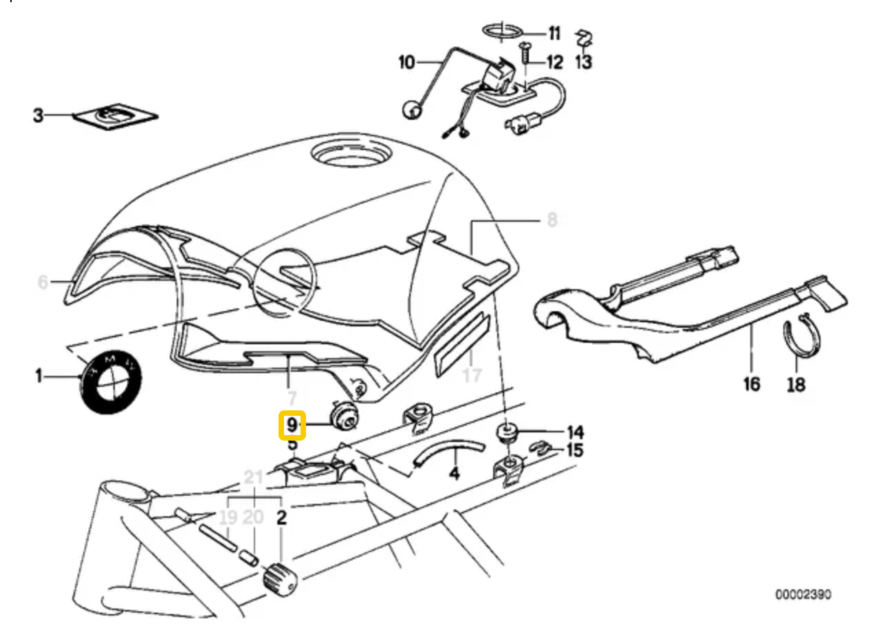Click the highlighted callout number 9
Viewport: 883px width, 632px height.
click(x=292, y=425)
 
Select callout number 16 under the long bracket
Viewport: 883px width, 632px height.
click(x=752, y=383)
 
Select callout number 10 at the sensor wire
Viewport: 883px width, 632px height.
click(x=406, y=63)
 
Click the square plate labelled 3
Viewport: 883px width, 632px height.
click(x=116, y=117)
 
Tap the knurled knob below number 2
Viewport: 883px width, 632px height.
click(x=281, y=576)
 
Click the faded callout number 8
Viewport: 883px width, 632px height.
click(x=552, y=220)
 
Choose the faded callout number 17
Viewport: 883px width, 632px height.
click(x=472, y=376)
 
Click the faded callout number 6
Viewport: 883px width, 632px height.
click(x=43, y=282)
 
